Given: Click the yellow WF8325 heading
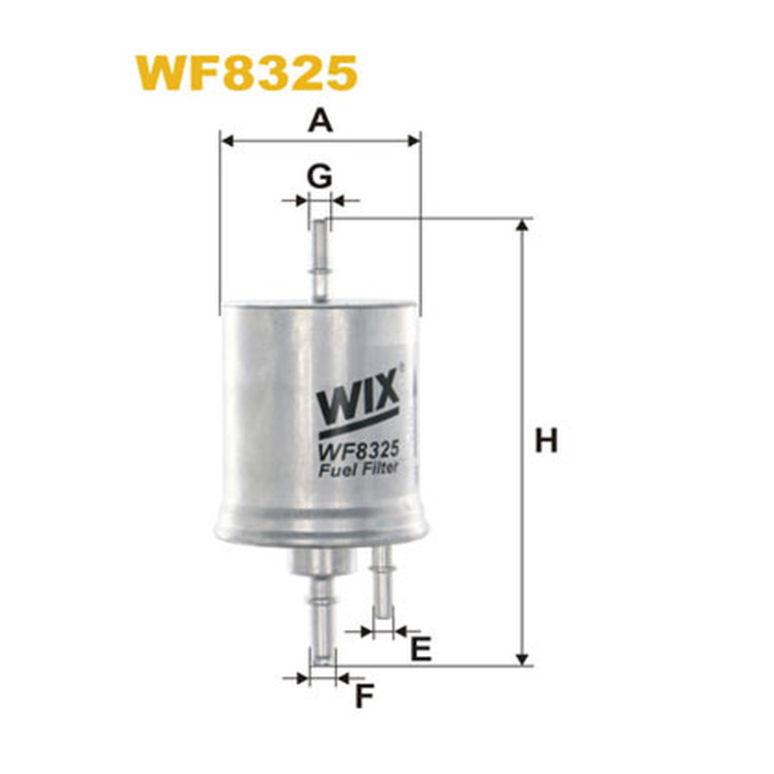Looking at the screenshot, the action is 247,74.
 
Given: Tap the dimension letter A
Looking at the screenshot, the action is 320,121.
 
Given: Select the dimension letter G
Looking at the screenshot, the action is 319,177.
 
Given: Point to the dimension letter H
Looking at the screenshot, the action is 546,441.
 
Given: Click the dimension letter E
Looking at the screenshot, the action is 421,648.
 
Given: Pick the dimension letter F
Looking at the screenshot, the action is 365,697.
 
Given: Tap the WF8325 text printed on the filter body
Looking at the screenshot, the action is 358,452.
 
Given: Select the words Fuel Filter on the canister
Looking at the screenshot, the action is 358,469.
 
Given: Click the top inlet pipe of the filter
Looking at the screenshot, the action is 320,260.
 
